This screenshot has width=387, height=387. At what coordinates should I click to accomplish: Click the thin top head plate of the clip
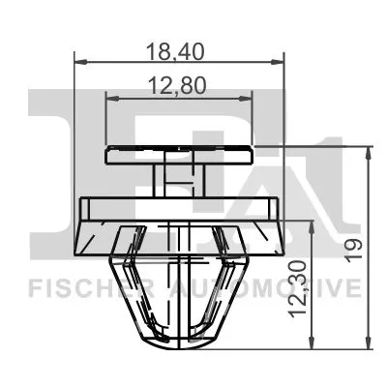coord(180,152)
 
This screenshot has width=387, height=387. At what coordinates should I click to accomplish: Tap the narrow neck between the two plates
coord(180,178)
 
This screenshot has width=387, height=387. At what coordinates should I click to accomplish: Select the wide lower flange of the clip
coord(180,208)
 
